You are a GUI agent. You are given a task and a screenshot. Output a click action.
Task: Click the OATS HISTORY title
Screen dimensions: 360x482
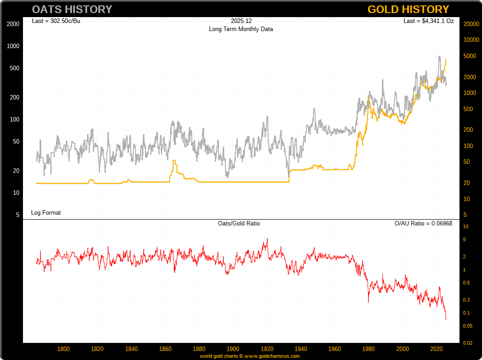tap(72, 9)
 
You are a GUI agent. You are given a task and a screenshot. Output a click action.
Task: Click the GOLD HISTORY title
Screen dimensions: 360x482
tap(408, 9)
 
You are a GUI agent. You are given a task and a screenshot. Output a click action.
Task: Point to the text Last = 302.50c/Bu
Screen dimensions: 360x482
tap(56, 21)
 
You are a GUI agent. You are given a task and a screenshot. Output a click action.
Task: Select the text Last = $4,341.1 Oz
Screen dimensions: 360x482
tap(429, 21)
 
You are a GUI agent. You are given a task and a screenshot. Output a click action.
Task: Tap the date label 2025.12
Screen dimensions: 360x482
tap(241, 21)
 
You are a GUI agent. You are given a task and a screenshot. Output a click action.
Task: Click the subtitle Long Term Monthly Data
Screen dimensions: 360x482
tap(241, 29)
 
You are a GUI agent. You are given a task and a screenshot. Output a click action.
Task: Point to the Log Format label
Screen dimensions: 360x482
tap(46, 212)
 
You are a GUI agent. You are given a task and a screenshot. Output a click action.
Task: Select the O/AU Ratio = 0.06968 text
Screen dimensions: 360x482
tap(423, 223)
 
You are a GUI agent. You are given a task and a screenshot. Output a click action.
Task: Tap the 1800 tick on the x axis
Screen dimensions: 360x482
tap(64, 349)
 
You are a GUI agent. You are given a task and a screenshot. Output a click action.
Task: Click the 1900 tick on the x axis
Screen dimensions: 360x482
tap(233, 349)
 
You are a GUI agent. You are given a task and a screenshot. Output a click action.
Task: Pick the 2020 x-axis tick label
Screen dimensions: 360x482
tap(436, 349)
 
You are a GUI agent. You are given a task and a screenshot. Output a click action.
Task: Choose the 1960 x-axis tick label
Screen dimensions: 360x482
tap(335, 349)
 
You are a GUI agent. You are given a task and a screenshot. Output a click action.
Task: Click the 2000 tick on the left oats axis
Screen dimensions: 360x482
tap(13, 24)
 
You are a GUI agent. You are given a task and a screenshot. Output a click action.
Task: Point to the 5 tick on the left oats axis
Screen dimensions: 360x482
tap(18, 215)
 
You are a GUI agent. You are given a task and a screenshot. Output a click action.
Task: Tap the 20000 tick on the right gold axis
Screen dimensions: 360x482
tap(471, 24)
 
